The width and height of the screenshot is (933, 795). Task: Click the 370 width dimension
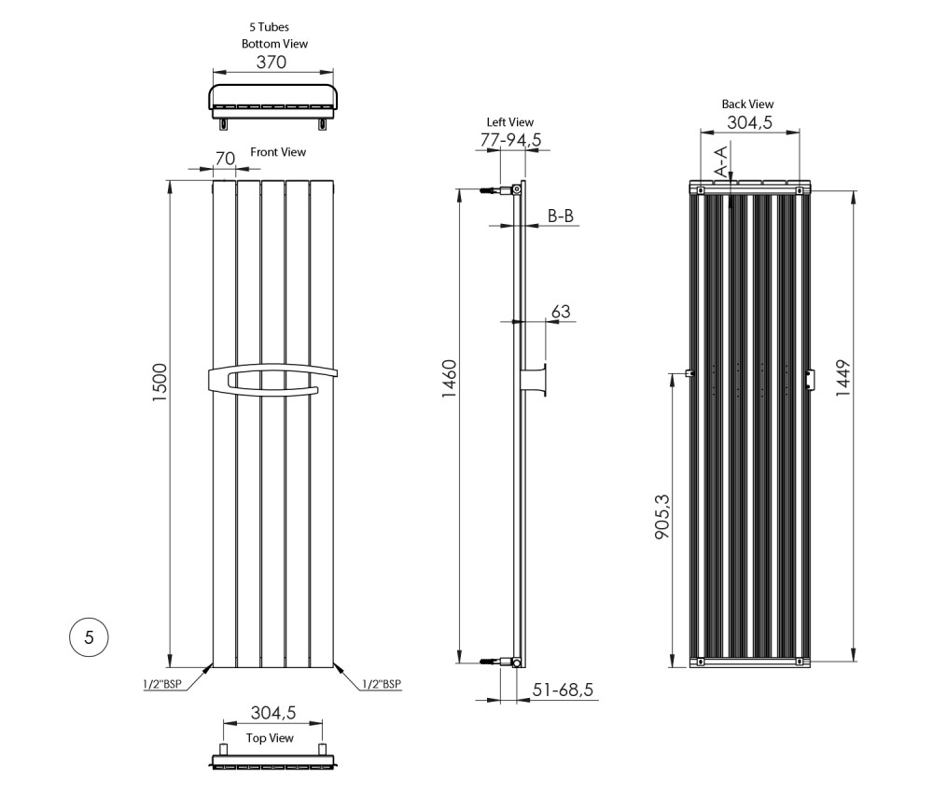[x=272, y=62]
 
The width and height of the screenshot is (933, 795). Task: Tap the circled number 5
[x=90, y=637]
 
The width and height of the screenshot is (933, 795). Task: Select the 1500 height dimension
[x=160, y=382]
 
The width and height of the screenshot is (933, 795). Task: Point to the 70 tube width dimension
[x=225, y=159]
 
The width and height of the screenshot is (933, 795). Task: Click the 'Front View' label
[x=278, y=152]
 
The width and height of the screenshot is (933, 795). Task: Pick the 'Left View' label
[x=510, y=122]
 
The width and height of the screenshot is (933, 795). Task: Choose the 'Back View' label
[x=747, y=105]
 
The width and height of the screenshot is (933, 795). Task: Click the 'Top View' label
[x=271, y=738]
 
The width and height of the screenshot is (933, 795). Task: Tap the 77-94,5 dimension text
[x=511, y=140]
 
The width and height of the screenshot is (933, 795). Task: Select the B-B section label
[x=561, y=216]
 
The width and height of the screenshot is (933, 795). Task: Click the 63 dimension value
[x=561, y=312]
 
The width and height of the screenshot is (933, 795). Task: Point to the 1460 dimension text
[x=450, y=379]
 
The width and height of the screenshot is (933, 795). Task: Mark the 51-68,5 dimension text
[x=563, y=690]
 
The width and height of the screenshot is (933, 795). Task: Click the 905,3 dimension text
[x=662, y=517]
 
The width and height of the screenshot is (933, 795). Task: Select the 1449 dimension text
[x=843, y=378]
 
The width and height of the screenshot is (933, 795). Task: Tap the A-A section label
[x=720, y=161]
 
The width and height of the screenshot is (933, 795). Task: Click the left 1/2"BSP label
[x=161, y=684]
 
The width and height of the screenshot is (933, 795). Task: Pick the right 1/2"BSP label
[x=382, y=684]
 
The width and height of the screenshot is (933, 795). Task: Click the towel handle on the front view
[x=272, y=382]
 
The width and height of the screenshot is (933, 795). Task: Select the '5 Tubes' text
[x=269, y=27]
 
